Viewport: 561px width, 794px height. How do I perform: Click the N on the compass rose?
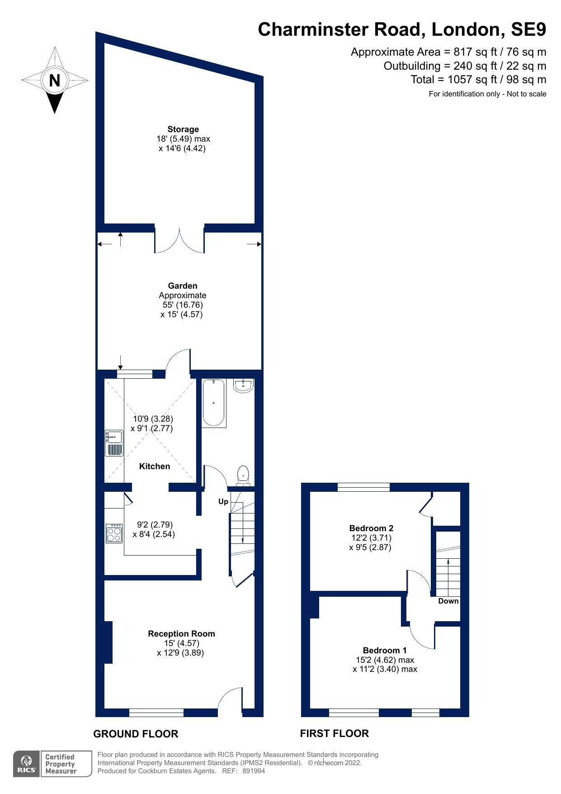pos(54,81)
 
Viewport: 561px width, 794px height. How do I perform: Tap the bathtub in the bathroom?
pos(213,403)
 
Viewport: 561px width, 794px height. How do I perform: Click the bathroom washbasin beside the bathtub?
pos(243,386)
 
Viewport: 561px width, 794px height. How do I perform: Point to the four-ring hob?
pos(114,533)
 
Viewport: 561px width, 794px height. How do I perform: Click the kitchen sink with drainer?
pos(114,443)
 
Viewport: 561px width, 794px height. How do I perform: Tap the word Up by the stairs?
pos(223,501)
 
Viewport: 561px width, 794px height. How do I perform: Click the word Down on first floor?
pos(448,601)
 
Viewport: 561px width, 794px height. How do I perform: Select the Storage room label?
pos(183,129)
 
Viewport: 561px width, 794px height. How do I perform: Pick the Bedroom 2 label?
pos(371,528)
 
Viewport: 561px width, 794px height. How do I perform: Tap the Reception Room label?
pos(181,633)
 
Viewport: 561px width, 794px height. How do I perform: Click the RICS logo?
pos(27,764)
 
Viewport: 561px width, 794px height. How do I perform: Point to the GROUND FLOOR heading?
pos(136,734)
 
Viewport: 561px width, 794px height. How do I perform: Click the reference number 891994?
pos(254,771)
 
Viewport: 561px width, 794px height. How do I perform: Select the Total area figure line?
pos(478,80)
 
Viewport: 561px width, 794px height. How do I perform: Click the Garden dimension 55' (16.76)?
pos(183,304)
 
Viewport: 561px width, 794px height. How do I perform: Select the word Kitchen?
pos(155,466)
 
